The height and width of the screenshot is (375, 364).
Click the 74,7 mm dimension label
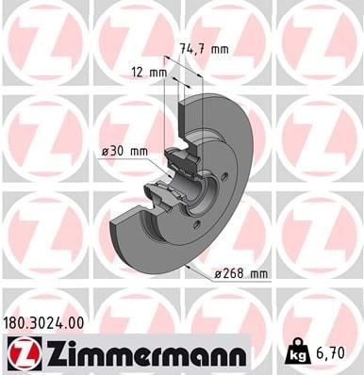(x=204, y=50)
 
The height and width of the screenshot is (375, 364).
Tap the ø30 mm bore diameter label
(x=124, y=152)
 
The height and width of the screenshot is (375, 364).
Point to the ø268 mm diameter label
(x=241, y=274)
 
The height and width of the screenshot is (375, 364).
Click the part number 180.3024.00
(x=43, y=323)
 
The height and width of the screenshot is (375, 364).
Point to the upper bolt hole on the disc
(x=223, y=176)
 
